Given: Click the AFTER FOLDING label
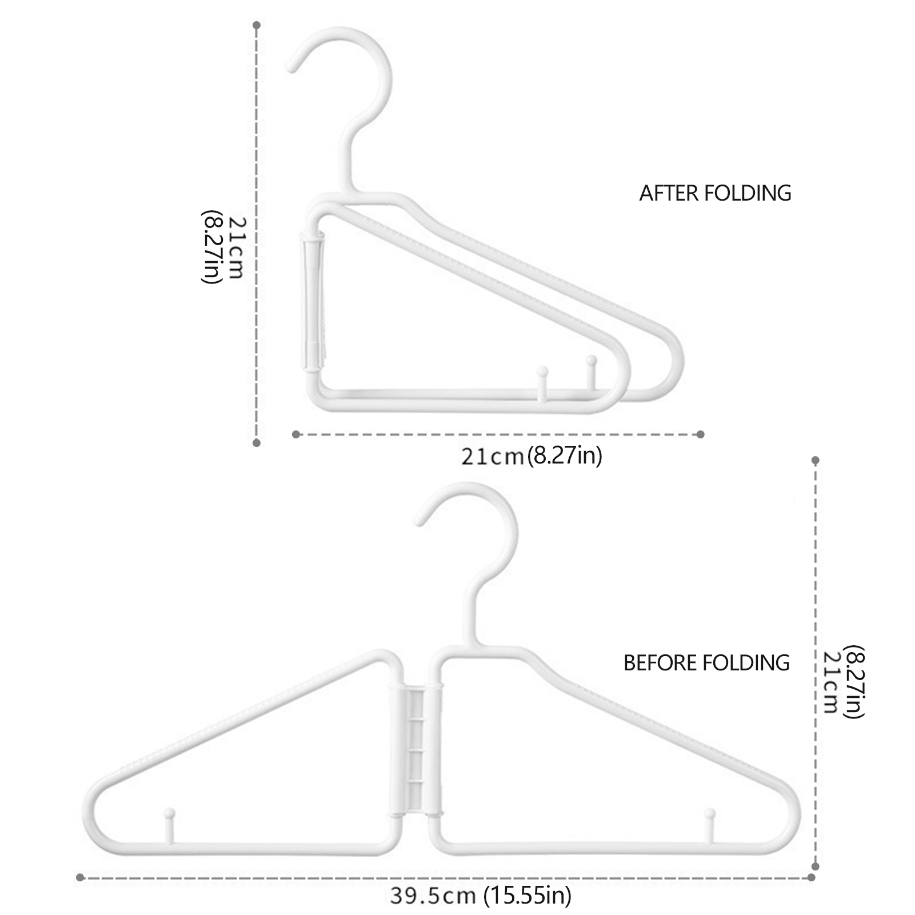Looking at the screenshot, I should pyautogui.click(x=715, y=193).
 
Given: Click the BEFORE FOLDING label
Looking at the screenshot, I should pyautogui.click(x=706, y=663).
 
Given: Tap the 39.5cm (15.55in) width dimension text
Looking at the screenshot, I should pyautogui.click(x=481, y=895).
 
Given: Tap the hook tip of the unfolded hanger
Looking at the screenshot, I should pyautogui.click(x=420, y=521).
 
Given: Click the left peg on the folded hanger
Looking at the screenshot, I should pyautogui.click(x=542, y=372).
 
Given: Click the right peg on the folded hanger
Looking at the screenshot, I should pyautogui.click(x=592, y=361).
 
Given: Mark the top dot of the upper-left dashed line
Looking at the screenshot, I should pyautogui.click(x=257, y=25).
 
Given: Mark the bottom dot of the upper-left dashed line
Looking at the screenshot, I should pyautogui.click(x=257, y=442).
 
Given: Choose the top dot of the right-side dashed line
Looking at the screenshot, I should pyautogui.click(x=816, y=460).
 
